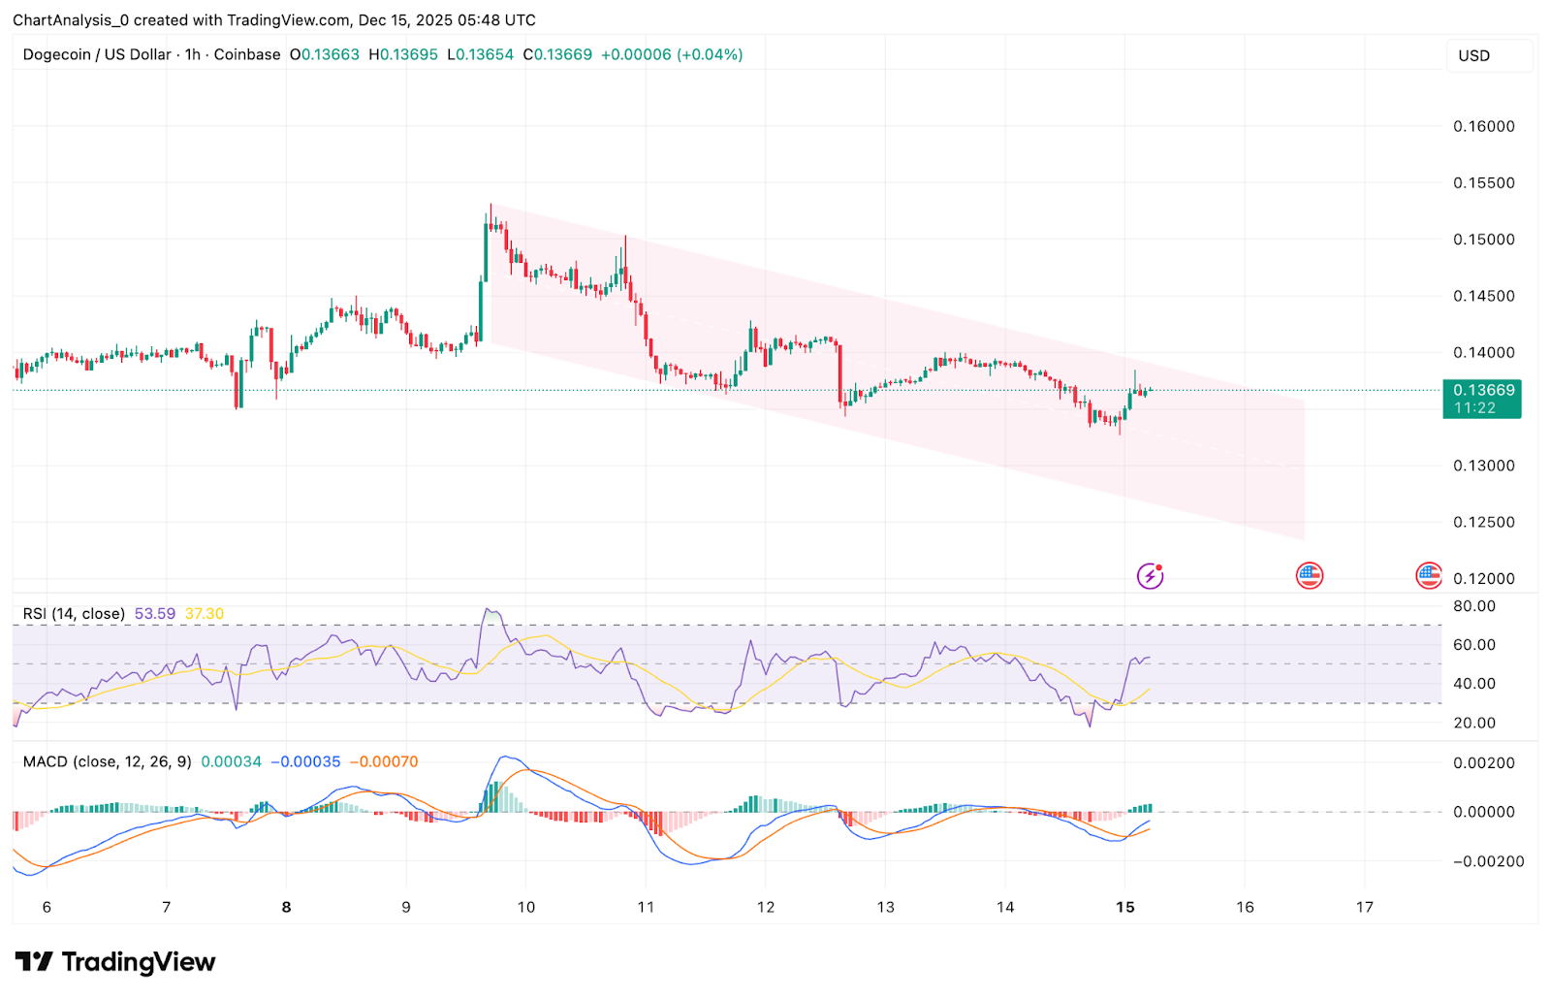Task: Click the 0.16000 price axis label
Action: (x=1483, y=126)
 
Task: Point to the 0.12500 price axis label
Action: (x=1483, y=522)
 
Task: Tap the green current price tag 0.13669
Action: (x=1482, y=391)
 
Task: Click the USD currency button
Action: (x=1474, y=56)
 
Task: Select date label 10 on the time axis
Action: (x=525, y=907)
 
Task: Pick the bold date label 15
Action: (x=1124, y=907)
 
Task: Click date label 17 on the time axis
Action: (x=1365, y=907)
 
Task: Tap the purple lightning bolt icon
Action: (x=1150, y=576)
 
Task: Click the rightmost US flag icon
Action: (x=1429, y=576)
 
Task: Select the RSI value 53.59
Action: (x=155, y=614)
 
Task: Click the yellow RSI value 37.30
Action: (x=205, y=614)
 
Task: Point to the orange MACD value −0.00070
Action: (x=384, y=761)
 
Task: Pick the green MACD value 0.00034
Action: (x=232, y=761)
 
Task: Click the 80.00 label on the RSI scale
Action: (x=1474, y=606)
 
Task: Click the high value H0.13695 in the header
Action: (x=403, y=55)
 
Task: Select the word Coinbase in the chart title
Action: (x=247, y=55)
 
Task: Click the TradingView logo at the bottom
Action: (x=115, y=962)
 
